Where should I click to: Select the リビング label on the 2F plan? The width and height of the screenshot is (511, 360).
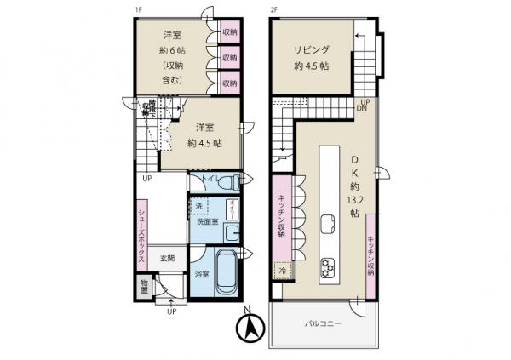[312, 49]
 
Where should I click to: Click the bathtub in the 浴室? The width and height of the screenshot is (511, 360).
[226, 273]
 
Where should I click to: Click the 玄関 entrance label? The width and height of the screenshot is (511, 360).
[164, 259]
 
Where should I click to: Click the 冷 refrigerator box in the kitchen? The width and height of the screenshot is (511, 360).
[283, 270]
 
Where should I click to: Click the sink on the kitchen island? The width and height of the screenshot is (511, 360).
[327, 224]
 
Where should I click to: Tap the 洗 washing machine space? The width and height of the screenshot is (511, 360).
[199, 207]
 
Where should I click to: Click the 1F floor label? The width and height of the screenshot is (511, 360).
[138, 10]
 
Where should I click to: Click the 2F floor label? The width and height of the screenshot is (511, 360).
[274, 10]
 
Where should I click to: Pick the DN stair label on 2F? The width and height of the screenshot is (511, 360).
[361, 109]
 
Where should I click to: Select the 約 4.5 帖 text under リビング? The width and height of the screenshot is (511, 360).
[312, 68]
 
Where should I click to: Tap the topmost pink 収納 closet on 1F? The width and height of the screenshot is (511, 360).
[229, 32]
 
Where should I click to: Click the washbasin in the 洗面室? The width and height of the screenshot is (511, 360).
[232, 230]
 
